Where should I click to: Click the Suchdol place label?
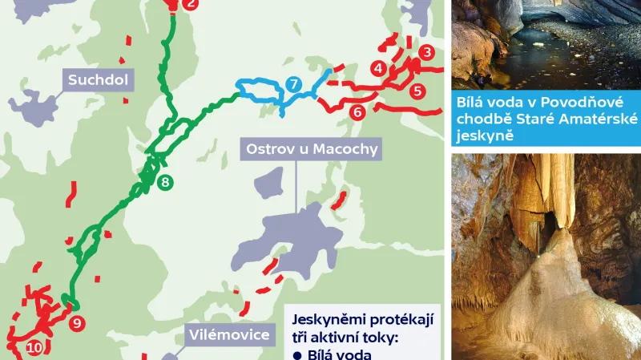[x=99, y=79]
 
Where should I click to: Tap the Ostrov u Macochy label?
[x=312, y=148]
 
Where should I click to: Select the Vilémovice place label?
[x=228, y=334]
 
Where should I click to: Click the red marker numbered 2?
[x=190, y=4]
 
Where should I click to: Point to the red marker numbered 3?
[x=427, y=53]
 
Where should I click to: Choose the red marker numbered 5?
[x=417, y=91]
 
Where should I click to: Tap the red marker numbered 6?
[x=357, y=111]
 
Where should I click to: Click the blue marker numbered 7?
[x=293, y=84]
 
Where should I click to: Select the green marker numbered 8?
[x=164, y=182]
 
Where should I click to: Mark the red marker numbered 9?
[x=77, y=324]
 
